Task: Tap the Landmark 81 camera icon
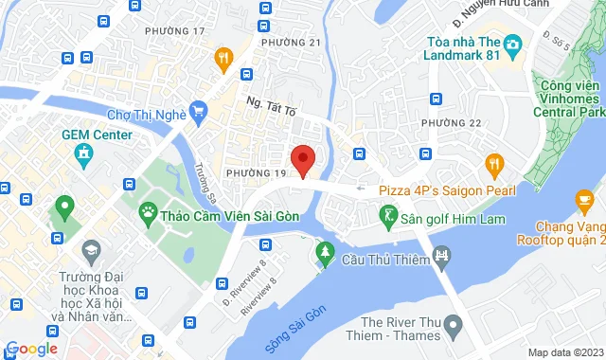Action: pyautogui.click(x=512, y=45)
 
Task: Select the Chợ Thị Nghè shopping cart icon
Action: pyautogui.click(x=198, y=114)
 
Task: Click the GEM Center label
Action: pyautogui.click(x=97, y=135)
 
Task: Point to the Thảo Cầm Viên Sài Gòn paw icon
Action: pyautogui.click(x=149, y=210)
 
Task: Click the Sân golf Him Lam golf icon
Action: pyautogui.click(x=389, y=218)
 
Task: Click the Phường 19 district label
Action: pyautogui.click(x=256, y=173)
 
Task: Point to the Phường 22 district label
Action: pyautogui.click(x=452, y=124)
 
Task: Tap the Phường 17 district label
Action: pyautogui.click(x=174, y=31)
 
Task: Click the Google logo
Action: pyautogui.click(x=32, y=349)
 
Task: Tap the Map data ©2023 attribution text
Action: pyautogui.click(x=564, y=352)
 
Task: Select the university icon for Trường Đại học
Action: pyautogui.click(x=92, y=253)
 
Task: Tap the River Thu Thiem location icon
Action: pyautogui.click(x=453, y=326)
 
